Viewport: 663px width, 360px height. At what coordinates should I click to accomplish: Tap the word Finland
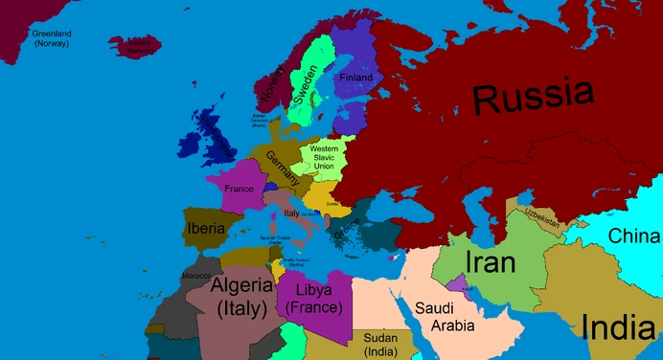[x=355, y=77]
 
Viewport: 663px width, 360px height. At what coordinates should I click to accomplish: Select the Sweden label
[x=307, y=87]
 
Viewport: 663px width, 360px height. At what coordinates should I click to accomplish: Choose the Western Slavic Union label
[x=324, y=158]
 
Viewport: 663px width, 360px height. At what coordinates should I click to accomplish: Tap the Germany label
[x=284, y=169]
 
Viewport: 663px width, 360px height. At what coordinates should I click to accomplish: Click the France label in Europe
[x=240, y=189]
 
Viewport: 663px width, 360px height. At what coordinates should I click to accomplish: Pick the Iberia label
[x=206, y=229]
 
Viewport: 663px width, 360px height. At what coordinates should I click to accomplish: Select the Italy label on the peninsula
[x=292, y=213]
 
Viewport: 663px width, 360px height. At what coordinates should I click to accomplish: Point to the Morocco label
[x=195, y=277]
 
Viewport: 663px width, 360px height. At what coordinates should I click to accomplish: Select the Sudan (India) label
[x=381, y=344]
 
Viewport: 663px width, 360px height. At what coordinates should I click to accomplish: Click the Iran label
[x=491, y=263]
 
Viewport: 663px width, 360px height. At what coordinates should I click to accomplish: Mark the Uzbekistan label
[x=541, y=218]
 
